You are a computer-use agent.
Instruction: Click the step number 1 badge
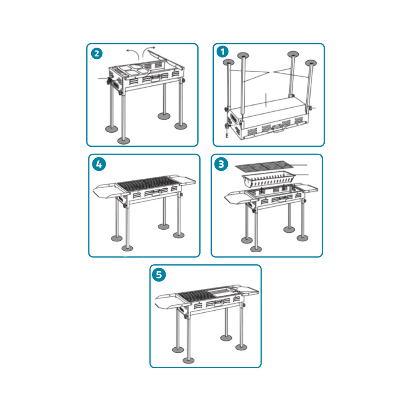222,52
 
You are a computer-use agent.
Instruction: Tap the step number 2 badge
97,54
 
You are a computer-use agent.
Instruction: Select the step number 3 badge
221,164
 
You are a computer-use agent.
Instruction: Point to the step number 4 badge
99,164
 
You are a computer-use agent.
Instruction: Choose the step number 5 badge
159,275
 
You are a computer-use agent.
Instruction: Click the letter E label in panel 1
227,135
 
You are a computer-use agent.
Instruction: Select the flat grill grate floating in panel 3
264,166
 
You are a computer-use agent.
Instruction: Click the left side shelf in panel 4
105,190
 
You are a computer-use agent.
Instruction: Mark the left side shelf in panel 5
167,301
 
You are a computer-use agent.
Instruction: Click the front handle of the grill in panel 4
156,192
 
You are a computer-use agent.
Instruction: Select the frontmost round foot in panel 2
123,141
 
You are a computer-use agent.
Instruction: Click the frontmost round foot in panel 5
189,360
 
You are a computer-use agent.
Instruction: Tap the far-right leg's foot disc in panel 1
311,63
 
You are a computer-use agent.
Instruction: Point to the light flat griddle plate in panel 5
222,292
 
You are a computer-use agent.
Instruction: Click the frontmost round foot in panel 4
127,248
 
